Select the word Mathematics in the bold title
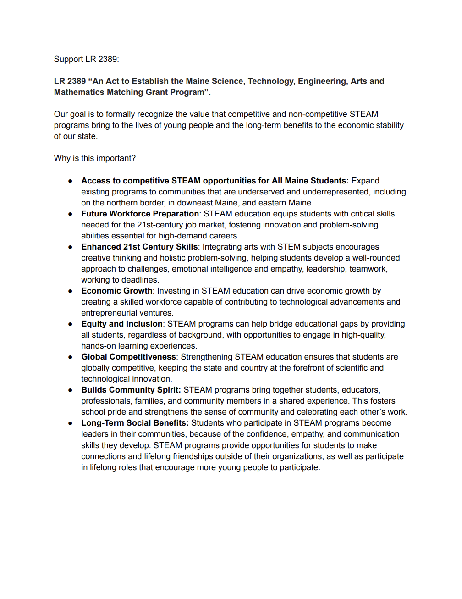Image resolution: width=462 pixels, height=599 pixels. point(76,92)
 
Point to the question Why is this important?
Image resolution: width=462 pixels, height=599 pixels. point(95,158)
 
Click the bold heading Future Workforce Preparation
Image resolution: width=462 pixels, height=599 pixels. point(140,214)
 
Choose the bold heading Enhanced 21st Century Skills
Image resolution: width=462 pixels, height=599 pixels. point(139,247)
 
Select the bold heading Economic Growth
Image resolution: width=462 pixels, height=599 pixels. point(117,291)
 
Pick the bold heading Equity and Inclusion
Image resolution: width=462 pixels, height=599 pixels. point(122,324)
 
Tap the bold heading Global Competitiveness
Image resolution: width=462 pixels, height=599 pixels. point(128,357)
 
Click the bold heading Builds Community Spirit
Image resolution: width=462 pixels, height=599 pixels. point(131,390)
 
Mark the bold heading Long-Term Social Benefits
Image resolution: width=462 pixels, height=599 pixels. point(135,423)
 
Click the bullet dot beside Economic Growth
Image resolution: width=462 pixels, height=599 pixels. point(70,291)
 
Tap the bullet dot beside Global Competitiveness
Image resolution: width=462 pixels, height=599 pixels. point(70,357)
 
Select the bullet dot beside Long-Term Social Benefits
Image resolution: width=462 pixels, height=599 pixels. point(70,423)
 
